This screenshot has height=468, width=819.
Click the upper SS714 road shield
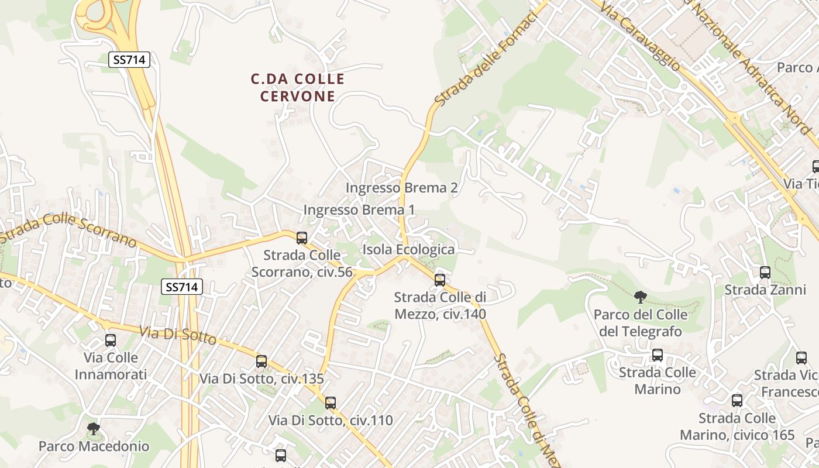point(129,59)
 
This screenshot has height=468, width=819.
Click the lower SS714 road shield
point(182,287)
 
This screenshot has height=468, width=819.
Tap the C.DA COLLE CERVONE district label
point(298,87)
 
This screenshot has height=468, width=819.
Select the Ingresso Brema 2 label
point(401,188)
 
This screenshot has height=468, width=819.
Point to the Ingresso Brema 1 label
point(359,209)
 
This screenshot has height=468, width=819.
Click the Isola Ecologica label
point(408,249)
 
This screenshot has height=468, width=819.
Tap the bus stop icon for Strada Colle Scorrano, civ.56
point(302,238)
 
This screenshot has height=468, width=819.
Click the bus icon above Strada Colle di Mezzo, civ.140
point(440,280)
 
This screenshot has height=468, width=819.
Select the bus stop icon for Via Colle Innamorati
point(111,340)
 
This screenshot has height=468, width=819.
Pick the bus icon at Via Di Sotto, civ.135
point(261,362)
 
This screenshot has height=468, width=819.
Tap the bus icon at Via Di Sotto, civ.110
point(331,402)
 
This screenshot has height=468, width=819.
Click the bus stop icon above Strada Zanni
point(765,272)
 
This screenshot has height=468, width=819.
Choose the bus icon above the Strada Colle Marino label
point(658,355)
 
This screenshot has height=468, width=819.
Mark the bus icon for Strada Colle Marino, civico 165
point(737,401)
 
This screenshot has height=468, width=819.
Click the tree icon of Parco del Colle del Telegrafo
point(641,297)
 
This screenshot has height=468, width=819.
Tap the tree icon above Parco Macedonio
point(93,429)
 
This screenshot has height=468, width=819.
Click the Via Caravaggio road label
point(641,37)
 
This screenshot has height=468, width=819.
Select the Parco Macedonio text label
point(94,446)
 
